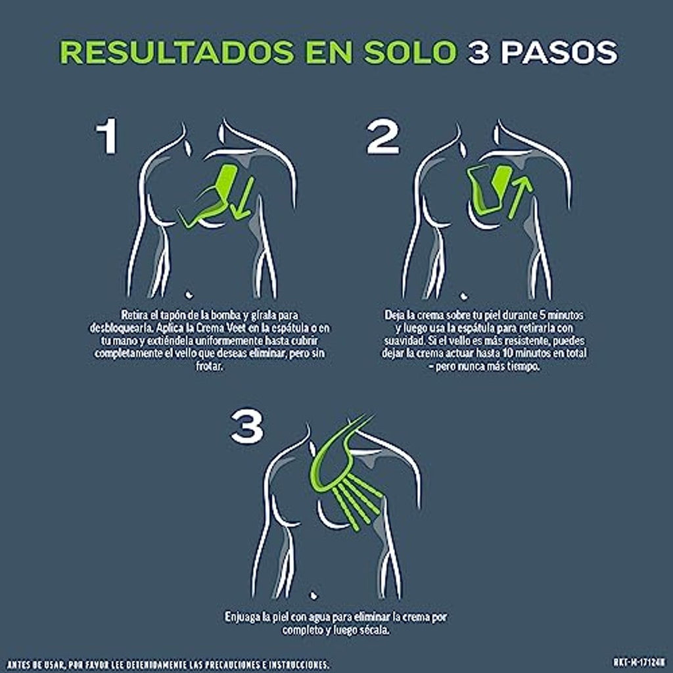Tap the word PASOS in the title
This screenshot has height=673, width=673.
[559, 53]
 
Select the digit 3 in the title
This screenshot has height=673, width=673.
[478, 53]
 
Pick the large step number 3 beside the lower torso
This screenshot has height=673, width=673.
[247, 426]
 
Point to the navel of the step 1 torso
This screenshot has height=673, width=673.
[189, 294]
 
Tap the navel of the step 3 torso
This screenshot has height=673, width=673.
[313, 595]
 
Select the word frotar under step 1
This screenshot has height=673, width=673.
[210, 367]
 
